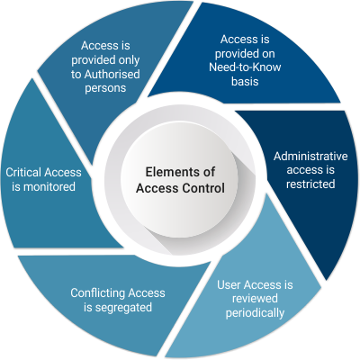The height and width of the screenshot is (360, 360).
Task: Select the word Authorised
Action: click(x=112, y=75)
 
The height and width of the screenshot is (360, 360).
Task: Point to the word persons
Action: click(x=105, y=88)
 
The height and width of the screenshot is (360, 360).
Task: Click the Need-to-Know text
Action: click(x=245, y=67)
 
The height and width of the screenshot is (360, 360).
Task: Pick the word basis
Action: click(x=245, y=81)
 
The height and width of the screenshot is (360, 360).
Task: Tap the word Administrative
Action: click(x=310, y=157)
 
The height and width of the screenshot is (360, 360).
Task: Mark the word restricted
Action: click(x=310, y=184)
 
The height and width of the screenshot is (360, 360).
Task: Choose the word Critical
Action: click(x=23, y=173)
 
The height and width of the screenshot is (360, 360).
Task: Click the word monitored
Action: click(x=49, y=187)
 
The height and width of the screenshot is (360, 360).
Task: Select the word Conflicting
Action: click(x=97, y=293)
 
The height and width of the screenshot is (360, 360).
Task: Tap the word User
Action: click(x=229, y=284)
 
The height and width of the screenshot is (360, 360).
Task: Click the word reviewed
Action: click(x=255, y=299)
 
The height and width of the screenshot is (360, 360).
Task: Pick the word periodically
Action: click(x=255, y=313)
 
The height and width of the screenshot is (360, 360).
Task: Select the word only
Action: click(x=129, y=60)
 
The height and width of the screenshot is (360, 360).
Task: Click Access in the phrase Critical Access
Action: click(x=62, y=173)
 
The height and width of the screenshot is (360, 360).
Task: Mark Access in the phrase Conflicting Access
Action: click(x=146, y=293)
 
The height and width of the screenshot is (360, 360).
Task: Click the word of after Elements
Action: click(x=208, y=172)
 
